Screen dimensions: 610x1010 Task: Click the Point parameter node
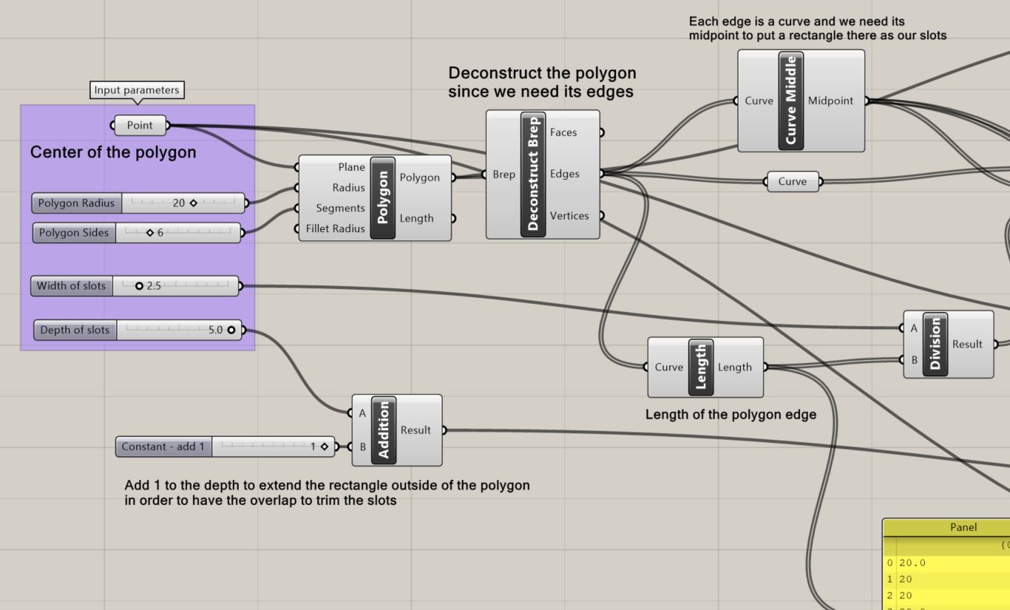(140, 126)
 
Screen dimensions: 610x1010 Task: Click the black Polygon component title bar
(383, 198)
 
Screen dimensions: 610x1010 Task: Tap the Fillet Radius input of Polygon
(336, 228)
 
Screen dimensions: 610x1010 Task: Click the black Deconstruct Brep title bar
(533, 174)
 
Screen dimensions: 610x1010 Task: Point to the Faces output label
(563, 132)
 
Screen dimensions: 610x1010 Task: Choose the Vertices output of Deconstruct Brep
(569, 216)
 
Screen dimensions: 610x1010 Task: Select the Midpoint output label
(830, 101)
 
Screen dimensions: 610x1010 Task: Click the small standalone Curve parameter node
(793, 182)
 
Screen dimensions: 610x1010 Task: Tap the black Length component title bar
(701, 367)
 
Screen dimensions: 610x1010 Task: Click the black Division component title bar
(935, 344)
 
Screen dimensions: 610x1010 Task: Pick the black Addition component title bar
(383, 430)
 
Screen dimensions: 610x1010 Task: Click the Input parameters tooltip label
(136, 90)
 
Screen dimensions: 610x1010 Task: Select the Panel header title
(963, 527)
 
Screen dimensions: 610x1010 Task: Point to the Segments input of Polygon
(340, 209)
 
